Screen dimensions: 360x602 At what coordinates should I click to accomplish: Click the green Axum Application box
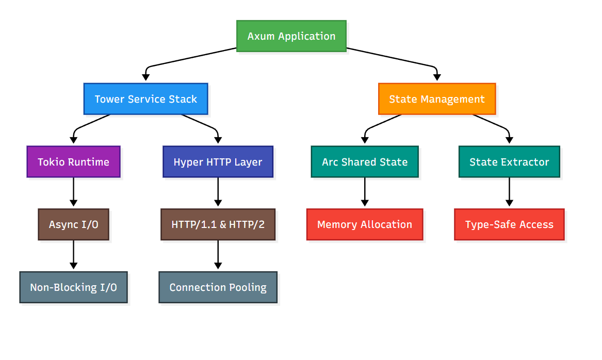[x=291, y=36]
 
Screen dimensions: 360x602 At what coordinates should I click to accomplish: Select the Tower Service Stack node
[x=145, y=99]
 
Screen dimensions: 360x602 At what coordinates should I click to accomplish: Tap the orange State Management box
[x=436, y=99]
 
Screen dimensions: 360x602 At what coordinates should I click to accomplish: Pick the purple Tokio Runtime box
[x=73, y=162]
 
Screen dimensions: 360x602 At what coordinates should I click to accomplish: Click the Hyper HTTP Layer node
[x=218, y=162]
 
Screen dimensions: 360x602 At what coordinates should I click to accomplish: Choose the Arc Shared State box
[x=365, y=162]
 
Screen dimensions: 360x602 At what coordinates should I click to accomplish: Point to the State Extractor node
[x=509, y=162]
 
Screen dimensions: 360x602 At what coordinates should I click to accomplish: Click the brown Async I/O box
[x=73, y=224]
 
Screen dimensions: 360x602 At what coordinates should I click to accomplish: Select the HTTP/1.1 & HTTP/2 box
[x=218, y=224]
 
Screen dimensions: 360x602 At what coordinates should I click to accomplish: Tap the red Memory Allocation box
[x=365, y=224]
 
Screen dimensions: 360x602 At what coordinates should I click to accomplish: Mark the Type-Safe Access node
[x=509, y=224]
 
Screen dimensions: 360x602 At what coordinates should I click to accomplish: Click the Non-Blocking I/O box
[x=73, y=287]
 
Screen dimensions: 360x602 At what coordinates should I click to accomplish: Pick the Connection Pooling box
[x=218, y=287]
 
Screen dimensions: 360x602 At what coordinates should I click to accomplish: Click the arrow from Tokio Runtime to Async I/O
[x=73, y=193]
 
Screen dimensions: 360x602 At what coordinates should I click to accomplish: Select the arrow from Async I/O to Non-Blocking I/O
[x=73, y=255]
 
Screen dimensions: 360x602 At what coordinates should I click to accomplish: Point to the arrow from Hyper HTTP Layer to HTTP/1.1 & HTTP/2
[x=218, y=193]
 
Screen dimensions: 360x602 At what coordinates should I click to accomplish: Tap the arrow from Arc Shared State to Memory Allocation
[x=365, y=193]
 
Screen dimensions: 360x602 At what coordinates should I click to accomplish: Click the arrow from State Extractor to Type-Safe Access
[x=509, y=193]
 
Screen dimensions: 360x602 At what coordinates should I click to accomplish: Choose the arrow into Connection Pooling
[x=218, y=255]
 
